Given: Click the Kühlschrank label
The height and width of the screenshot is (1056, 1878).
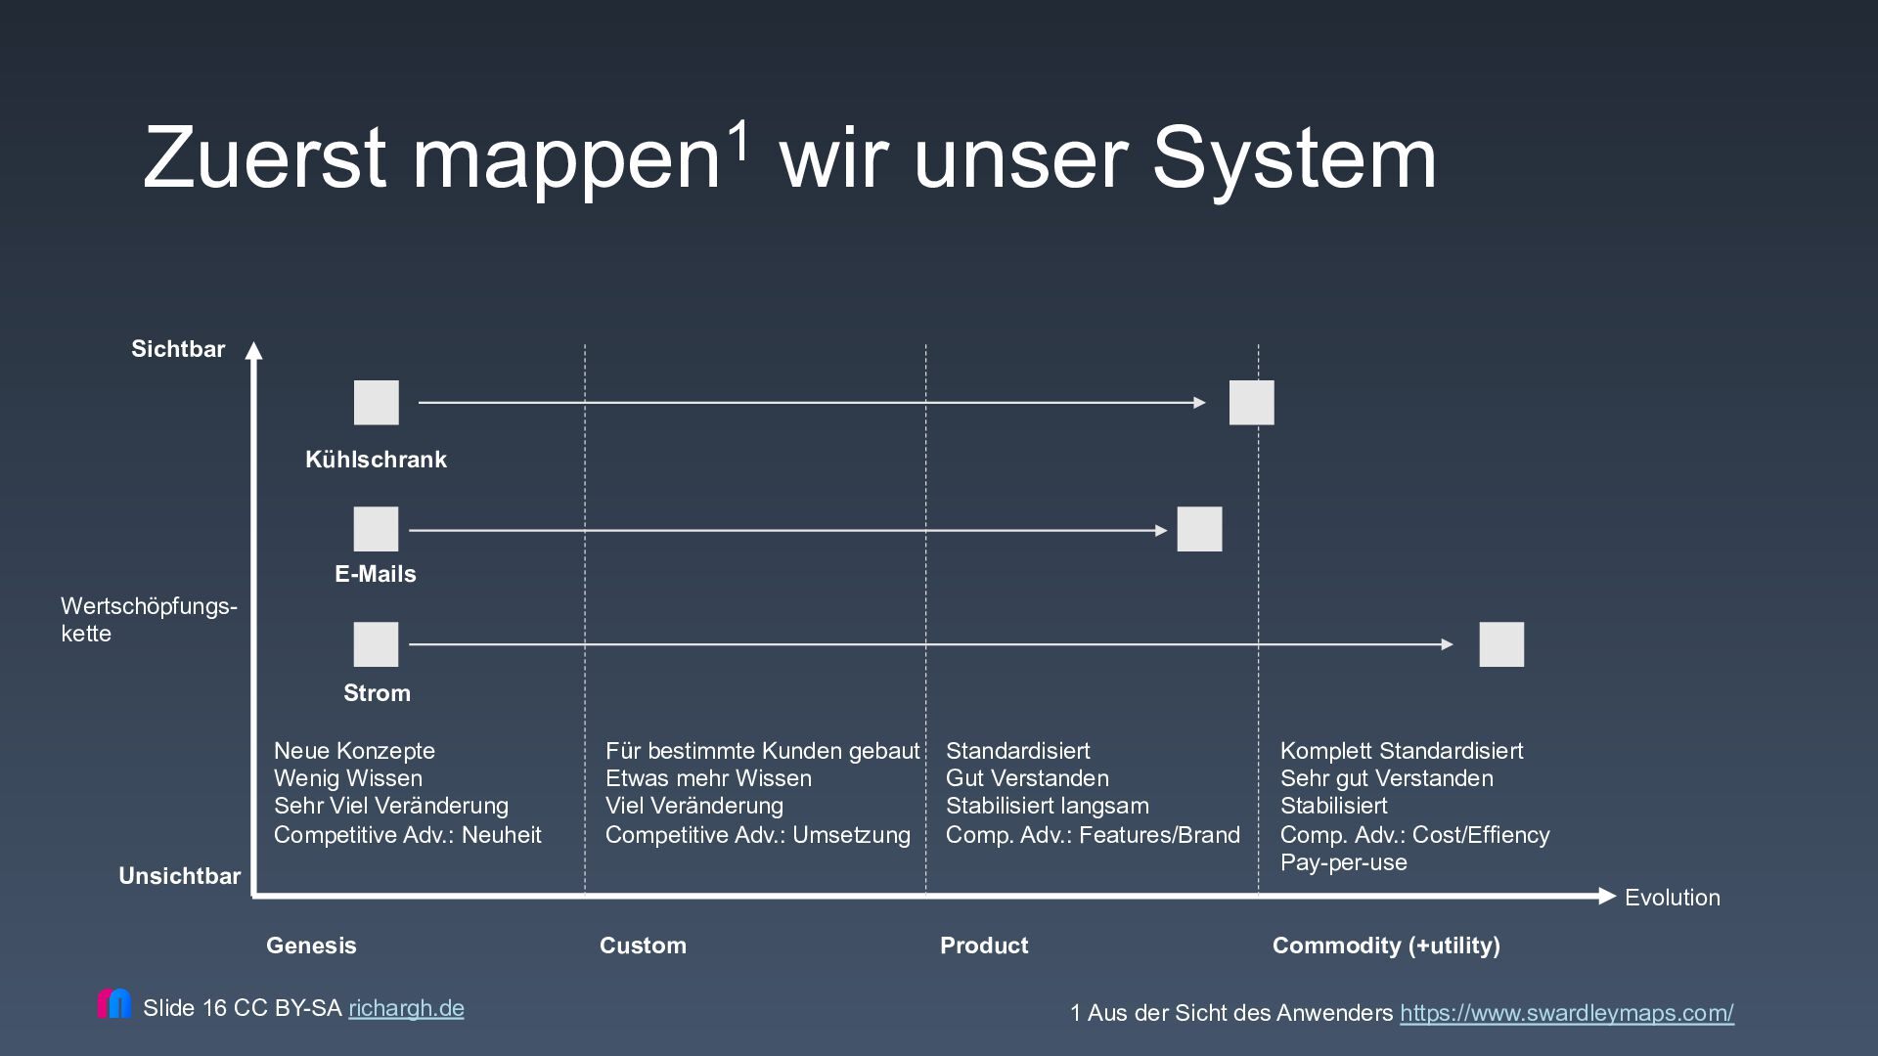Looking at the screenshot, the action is pos(376,460).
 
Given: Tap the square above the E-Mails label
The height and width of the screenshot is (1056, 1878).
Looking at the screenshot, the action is pos(376,529).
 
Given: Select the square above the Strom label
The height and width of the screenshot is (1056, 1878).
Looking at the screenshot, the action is pos(376,644).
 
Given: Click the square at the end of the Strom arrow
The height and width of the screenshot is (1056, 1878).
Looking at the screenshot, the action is pos(1501,644).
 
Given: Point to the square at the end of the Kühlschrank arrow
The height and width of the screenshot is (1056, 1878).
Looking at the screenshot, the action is pos(1251,403).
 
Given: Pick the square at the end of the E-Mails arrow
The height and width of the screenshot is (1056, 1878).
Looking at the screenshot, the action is pos(1199,529).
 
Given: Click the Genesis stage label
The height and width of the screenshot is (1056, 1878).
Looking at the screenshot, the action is pos(311,946).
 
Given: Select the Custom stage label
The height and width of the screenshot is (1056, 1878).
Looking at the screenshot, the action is pos(643,946).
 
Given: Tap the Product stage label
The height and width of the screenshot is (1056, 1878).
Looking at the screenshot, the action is pos(984,946).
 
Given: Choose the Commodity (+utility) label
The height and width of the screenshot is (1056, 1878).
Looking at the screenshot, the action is pos(1386,946).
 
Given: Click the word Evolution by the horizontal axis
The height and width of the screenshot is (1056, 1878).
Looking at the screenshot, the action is pos(1672,898).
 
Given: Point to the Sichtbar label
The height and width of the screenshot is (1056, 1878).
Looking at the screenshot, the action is pos(178,349).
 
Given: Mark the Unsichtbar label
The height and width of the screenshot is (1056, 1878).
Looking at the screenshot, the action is pos(179,876).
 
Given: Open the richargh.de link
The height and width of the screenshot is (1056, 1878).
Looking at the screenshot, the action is pos(406,1008).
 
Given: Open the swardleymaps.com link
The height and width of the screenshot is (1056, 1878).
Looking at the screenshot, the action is pos(1566,1013).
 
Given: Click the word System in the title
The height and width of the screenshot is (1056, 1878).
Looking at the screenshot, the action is pos(1294,158).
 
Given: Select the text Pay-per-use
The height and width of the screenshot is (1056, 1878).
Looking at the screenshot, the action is pos(1343,862).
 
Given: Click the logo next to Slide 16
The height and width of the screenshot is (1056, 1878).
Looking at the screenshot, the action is pos(114,1004).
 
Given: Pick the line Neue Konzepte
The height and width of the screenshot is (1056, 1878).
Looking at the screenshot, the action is pos(354,751).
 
